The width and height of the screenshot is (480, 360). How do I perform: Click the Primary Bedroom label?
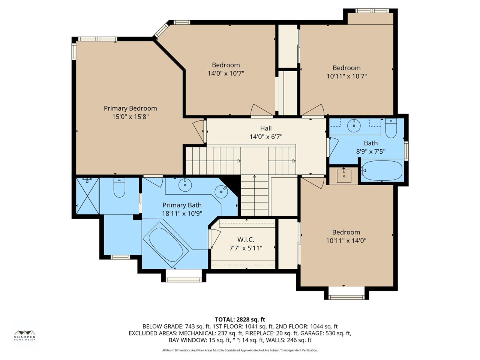(130, 108)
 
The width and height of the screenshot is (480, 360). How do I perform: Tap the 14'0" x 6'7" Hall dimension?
(266, 137)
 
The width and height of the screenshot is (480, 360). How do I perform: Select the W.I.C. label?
(246, 240)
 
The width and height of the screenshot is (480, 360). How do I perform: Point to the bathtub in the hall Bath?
(382, 170)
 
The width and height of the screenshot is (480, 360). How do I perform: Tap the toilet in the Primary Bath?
(119, 187)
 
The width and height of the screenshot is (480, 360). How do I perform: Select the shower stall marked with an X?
(87, 196)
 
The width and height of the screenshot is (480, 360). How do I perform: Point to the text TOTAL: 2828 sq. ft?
(240, 319)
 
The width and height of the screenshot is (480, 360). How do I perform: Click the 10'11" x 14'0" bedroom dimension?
(346, 241)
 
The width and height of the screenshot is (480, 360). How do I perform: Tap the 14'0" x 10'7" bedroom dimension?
(226, 73)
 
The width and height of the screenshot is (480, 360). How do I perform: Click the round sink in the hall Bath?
(354, 125)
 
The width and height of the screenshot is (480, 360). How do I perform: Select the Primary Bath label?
(182, 205)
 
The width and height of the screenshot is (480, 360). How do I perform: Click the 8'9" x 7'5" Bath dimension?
(370, 151)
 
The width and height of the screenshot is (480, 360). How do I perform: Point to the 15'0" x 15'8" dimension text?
(130, 117)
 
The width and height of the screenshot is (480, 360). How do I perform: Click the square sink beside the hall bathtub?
(344, 176)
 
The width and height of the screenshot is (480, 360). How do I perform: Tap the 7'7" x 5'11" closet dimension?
(246, 248)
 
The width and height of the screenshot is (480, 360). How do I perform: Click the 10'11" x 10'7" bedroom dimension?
(346, 76)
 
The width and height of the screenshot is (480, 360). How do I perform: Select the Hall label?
(266, 128)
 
